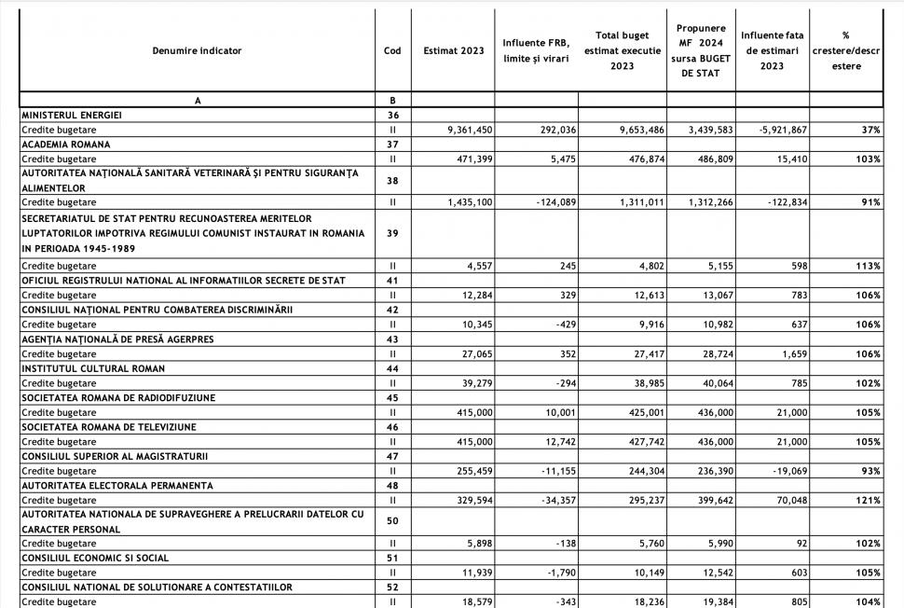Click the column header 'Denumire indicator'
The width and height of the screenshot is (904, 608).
[x=197, y=51]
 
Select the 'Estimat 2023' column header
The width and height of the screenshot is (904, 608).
[x=453, y=51]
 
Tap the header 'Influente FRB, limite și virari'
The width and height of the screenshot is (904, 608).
[x=536, y=51]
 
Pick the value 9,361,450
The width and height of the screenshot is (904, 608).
[x=462, y=130]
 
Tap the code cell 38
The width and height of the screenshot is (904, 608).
[x=392, y=181]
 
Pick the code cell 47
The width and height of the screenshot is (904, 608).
[x=392, y=457]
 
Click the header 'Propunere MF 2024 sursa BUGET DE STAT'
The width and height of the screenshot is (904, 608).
[x=702, y=51]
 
